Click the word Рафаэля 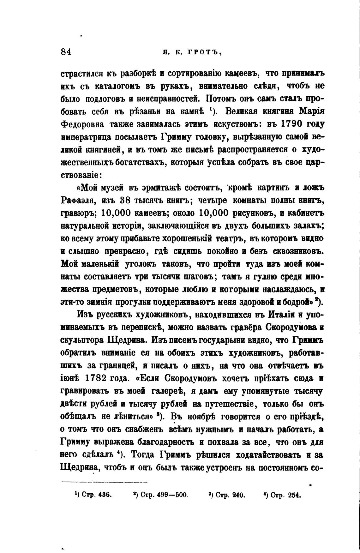tap(78, 200)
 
